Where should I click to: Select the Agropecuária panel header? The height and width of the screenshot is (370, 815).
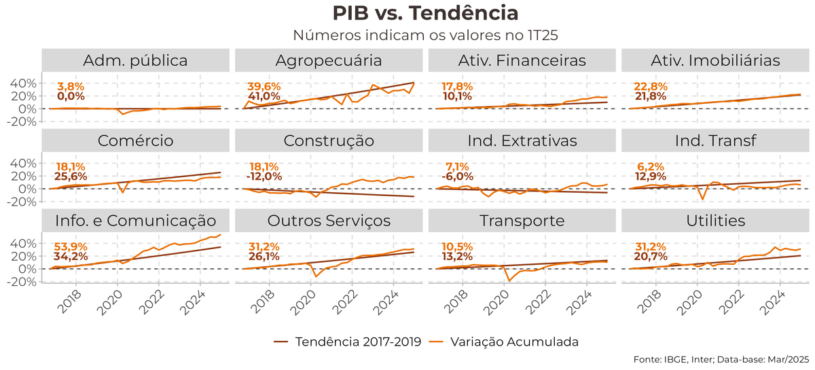tap(329, 60)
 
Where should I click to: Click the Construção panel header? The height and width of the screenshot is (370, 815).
tap(329, 141)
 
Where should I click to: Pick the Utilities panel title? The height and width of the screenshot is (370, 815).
tap(716, 221)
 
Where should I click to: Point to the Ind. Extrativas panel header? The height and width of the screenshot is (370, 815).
tap(522, 141)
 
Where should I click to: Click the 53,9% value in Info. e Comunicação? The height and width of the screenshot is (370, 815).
tap(70, 246)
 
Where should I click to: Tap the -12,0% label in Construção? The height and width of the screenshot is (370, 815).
tap(264, 177)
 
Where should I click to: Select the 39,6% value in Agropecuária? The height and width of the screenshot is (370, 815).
tap(264, 86)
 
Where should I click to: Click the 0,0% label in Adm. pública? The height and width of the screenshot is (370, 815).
tap(70, 96)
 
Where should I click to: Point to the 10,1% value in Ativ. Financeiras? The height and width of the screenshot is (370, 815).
tap(457, 96)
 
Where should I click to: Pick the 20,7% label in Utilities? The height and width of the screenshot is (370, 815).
tap(651, 257)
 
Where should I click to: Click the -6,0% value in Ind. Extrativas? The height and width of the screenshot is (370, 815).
tap(457, 177)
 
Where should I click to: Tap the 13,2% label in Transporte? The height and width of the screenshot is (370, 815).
tap(457, 257)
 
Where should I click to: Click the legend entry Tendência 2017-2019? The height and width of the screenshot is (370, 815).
tap(350, 341)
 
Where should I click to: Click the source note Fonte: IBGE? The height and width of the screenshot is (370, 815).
tap(721, 359)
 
